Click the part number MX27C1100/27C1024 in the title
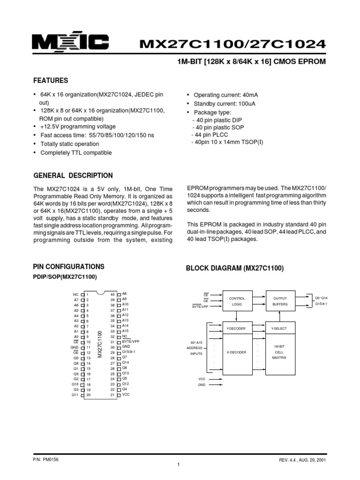pyautogui.click(x=232, y=44)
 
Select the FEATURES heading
pyautogui.click(x=50, y=81)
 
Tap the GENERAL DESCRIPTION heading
pyautogui.click(x=73, y=176)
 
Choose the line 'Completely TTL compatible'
pyautogui.click(x=76, y=153)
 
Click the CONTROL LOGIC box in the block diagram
pyautogui.click(x=237, y=301)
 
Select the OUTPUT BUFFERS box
pyautogui.click(x=280, y=301)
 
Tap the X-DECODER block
pyautogui.click(x=237, y=352)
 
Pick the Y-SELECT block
pyautogui.click(x=280, y=329)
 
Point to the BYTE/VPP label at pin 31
pyautogui.click(x=131, y=342)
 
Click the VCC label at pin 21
pyautogui.click(x=126, y=395)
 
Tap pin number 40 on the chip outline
pyautogui.click(x=112, y=294)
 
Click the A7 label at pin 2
pyautogui.click(x=76, y=300)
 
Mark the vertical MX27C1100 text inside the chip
pyautogui.click(x=100, y=345)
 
